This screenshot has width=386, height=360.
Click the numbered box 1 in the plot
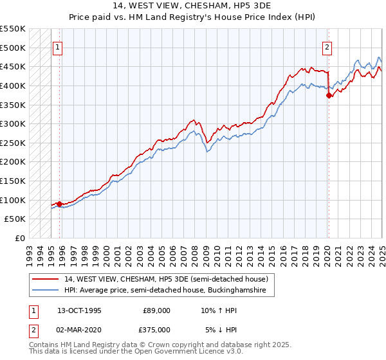(x=58, y=47)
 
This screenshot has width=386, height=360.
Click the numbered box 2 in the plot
(x=327, y=47)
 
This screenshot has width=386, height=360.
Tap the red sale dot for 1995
(x=60, y=204)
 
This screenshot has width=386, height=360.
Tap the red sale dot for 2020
(x=329, y=95)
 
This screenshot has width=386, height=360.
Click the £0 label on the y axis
(x=21, y=238)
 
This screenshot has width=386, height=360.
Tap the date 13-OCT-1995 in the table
(x=79, y=310)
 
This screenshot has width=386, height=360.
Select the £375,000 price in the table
(x=156, y=330)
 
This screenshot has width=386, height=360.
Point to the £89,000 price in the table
(x=156, y=310)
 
